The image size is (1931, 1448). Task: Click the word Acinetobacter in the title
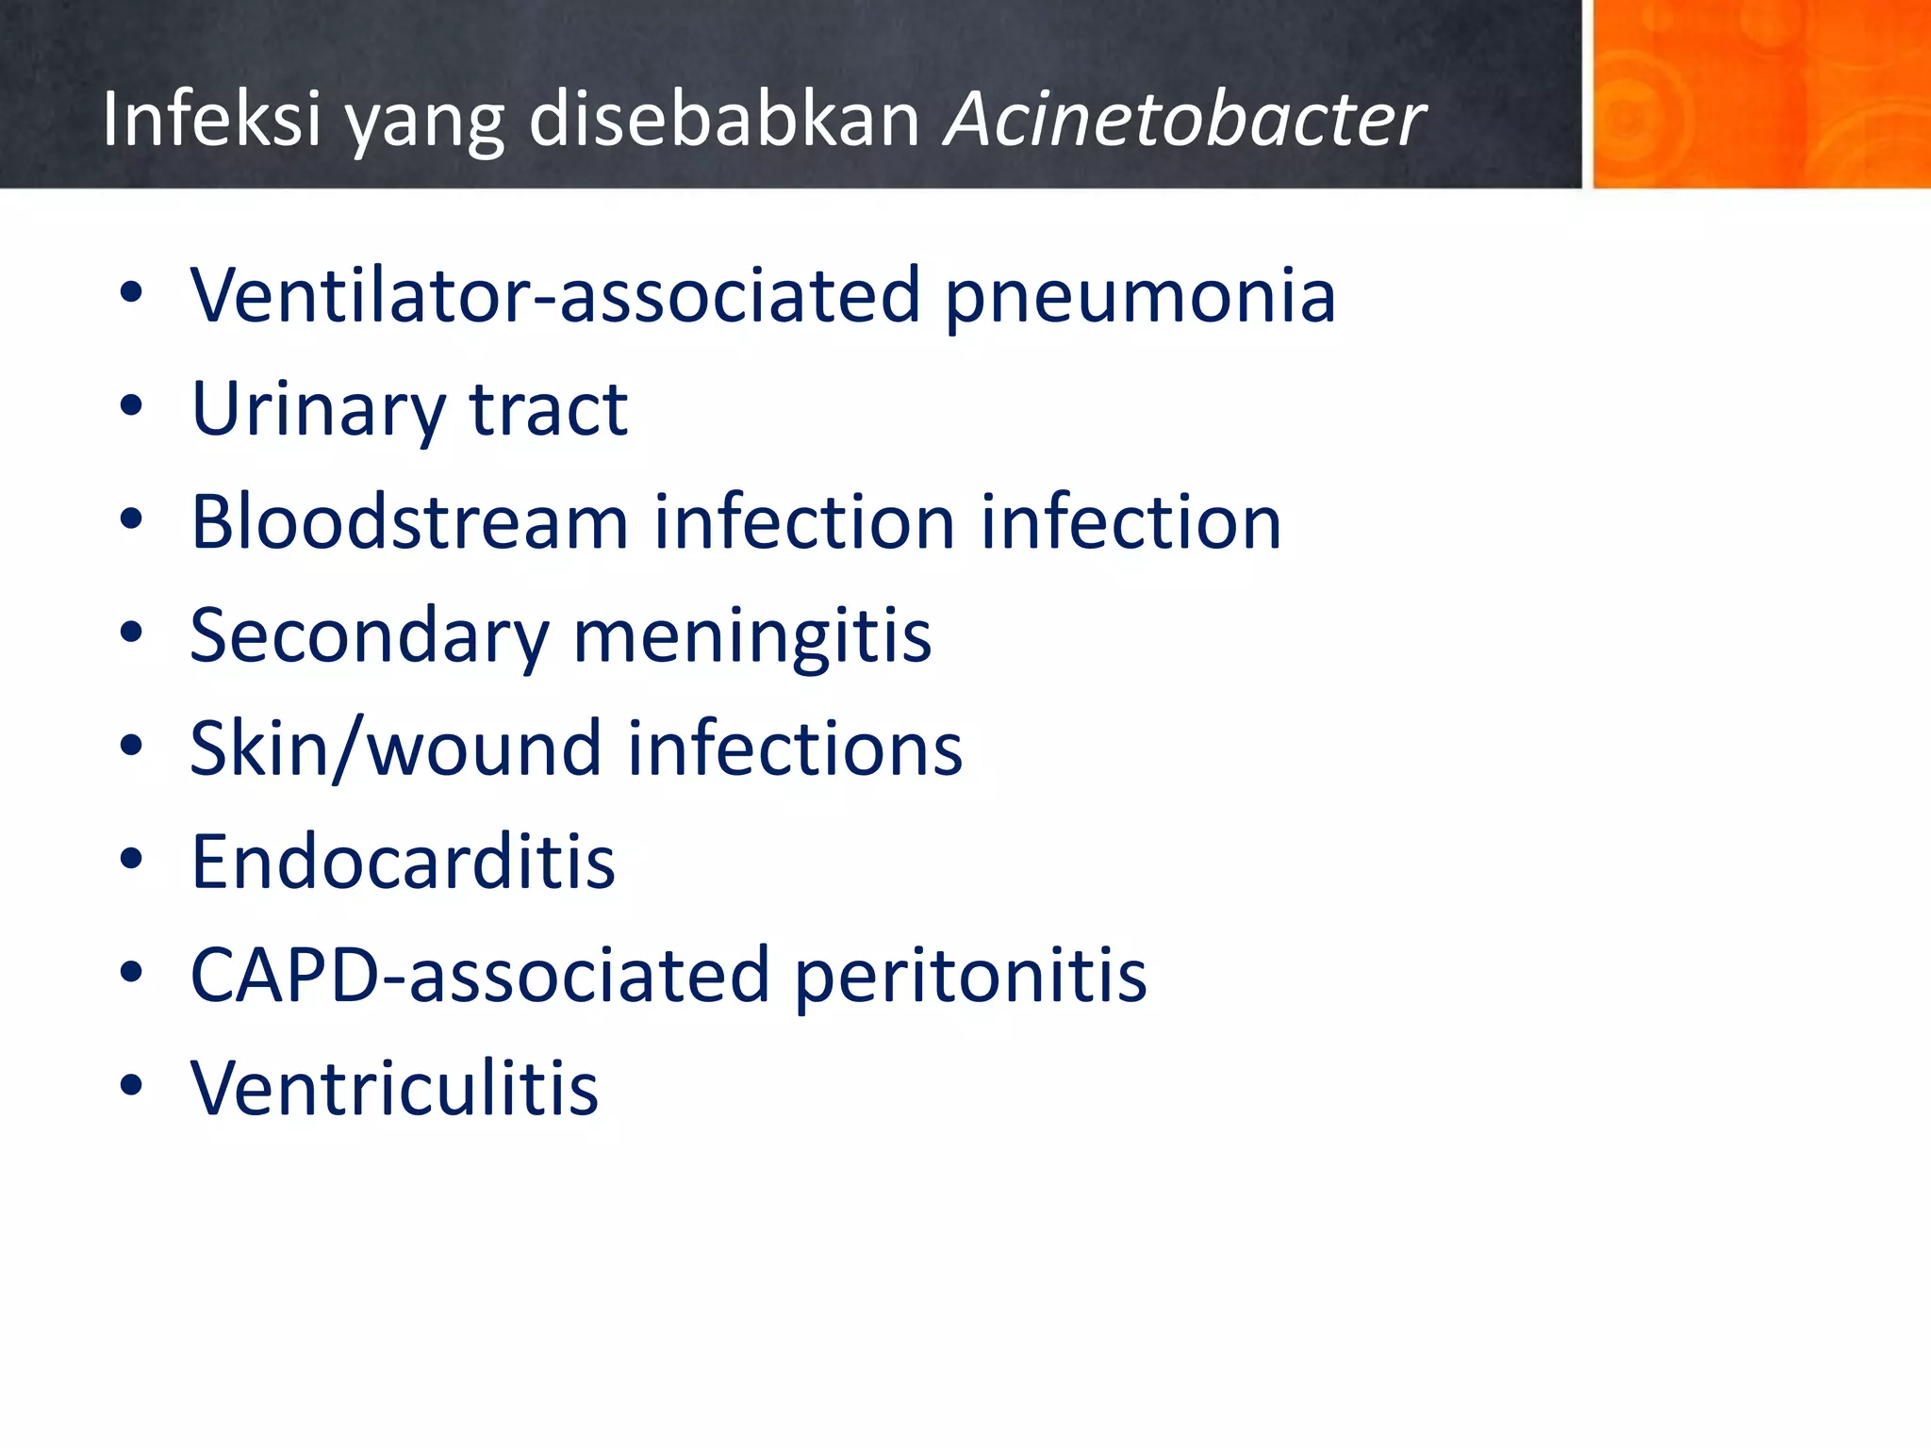(1184, 121)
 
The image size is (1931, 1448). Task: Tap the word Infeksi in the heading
(212, 121)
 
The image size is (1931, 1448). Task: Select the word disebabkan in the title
(724, 121)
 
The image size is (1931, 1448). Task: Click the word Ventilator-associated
(554, 296)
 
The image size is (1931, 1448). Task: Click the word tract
(549, 410)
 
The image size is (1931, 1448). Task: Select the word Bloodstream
(409, 522)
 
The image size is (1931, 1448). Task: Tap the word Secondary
(369, 637)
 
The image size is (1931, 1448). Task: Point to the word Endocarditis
(403, 862)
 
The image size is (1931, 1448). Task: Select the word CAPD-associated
(480, 976)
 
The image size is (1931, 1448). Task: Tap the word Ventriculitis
(394, 1089)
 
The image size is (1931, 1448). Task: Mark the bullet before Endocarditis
(131, 860)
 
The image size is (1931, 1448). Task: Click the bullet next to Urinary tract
(131, 407)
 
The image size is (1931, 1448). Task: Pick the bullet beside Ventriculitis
(131, 1086)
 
